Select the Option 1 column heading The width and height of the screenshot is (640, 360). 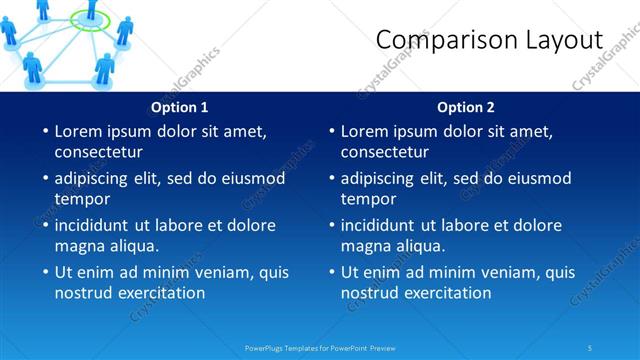tap(180, 107)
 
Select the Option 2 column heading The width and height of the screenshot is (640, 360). tap(466, 107)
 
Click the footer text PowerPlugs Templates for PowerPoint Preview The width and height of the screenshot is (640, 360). tap(320, 347)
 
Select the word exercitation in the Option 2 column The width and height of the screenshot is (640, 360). tap(448, 293)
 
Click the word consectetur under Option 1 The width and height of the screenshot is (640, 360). tap(98, 152)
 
